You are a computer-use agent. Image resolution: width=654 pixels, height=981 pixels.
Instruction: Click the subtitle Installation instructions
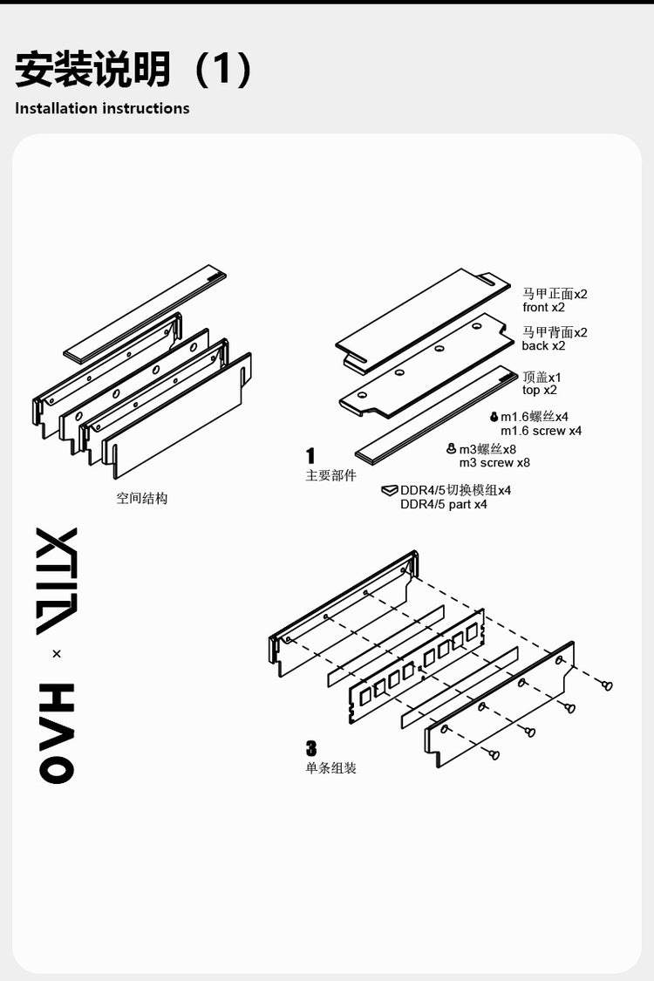102,108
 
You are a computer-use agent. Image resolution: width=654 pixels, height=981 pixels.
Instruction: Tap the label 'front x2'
543,307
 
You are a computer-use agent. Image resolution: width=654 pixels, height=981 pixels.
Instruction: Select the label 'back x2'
543,345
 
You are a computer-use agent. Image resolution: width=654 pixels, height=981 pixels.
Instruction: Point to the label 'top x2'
540,390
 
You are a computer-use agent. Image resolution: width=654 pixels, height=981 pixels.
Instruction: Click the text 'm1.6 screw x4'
541,431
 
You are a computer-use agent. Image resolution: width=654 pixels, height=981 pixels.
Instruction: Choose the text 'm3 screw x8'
494,462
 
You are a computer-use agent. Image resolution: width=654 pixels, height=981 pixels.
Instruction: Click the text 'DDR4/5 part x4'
444,504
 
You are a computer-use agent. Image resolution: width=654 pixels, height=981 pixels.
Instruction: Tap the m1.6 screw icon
494,417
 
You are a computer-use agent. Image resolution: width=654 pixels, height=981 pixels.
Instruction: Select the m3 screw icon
451,448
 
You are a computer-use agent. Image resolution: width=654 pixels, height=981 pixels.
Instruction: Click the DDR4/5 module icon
390,490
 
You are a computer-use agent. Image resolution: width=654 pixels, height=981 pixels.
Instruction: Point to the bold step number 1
310,455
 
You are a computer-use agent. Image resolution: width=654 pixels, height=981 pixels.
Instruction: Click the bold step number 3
311,748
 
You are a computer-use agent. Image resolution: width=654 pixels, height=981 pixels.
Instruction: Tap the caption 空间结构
142,499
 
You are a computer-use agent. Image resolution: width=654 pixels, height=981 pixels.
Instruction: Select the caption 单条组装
331,768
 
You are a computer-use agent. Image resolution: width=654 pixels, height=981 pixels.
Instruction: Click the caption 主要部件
331,475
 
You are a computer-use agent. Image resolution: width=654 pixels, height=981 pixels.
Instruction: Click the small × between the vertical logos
57,654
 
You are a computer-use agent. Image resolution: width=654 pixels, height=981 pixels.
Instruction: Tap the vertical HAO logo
57,732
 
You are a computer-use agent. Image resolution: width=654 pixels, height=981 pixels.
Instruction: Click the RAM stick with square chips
416,667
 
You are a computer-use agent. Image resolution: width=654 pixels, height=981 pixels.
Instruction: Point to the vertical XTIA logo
57,582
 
